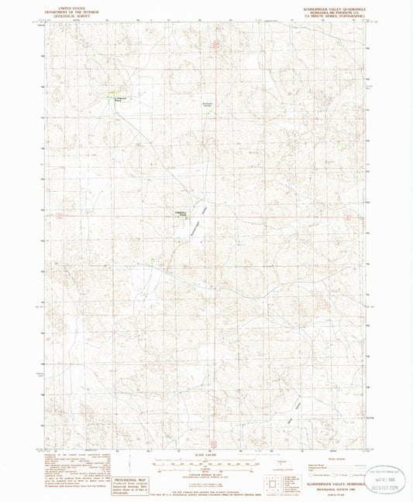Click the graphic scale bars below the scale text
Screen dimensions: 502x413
click(206, 461)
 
